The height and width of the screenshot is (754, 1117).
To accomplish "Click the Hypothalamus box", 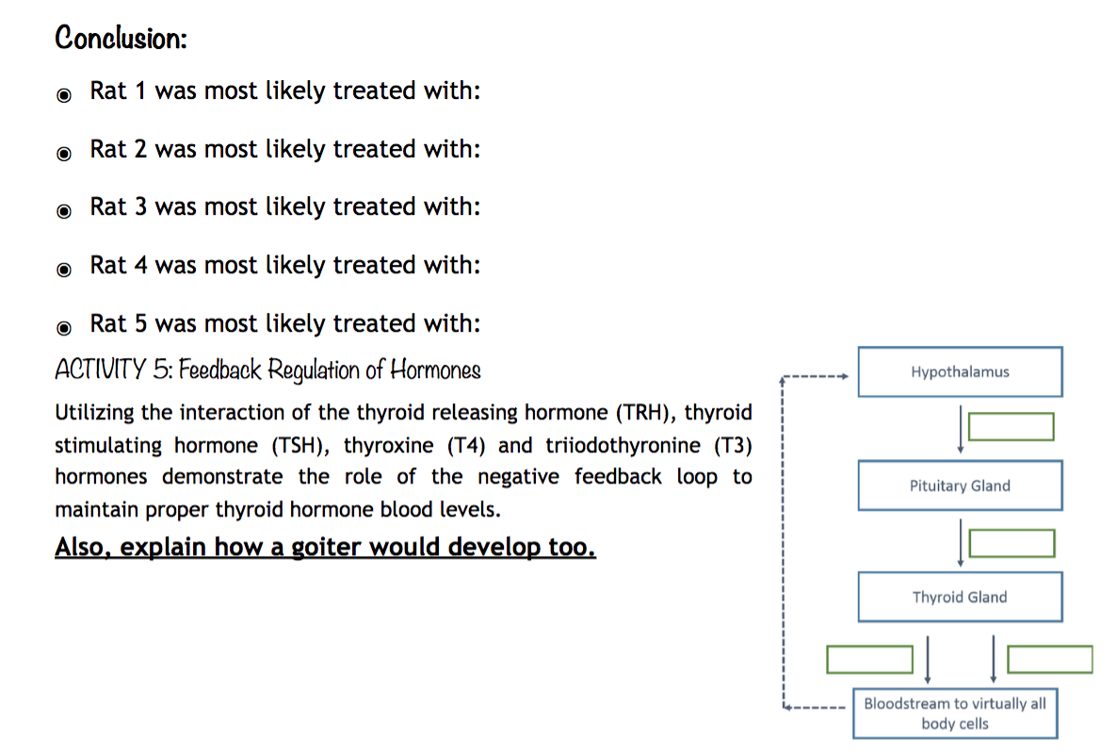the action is [x=960, y=371].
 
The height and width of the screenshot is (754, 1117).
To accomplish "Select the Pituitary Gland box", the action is [x=960, y=485].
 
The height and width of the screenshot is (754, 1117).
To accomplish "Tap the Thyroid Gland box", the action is [x=960, y=597].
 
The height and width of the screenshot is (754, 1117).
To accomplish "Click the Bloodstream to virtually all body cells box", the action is [x=955, y=714].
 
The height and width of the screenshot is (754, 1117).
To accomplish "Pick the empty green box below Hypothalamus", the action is [x=1011, y=427].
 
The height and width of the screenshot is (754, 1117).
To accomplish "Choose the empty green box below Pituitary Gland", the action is [x=1012, y=543].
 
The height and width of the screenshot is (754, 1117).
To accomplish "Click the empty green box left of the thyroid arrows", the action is [x=870, y=659].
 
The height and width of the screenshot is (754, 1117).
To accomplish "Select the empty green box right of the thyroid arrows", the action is [x=1050, y=659].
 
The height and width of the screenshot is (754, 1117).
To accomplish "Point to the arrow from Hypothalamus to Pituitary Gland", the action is [x=960, y=429].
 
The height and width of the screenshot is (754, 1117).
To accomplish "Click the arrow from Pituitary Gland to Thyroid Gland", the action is [x=960, y=543].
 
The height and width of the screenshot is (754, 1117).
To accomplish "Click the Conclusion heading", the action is [x=121, y=39].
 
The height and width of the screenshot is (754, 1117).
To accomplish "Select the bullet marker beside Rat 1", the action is [x=63, y=95].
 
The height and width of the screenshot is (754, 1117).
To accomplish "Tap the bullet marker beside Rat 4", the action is [x=63, y=270].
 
